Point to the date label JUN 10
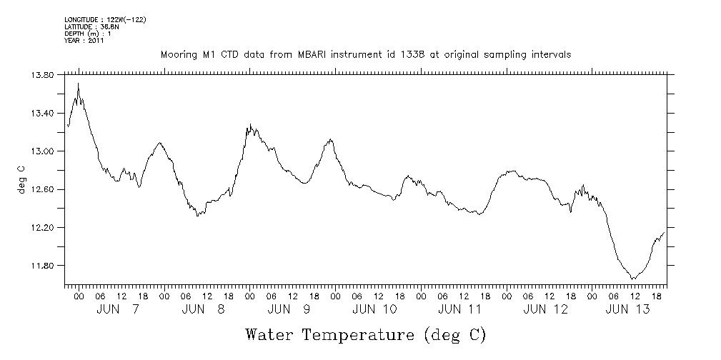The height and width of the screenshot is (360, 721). pyautogui.click(x=375, y=309)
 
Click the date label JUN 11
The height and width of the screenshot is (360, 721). pyautogui.click(x=461, y=309)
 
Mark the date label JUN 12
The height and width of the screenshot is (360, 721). pyautogui.click(x=547, y=309)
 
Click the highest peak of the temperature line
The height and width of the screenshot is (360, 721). pyautogui.click(x=78, y=84)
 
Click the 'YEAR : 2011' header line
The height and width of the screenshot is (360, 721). pyautogui.click(x=84, y=41)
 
